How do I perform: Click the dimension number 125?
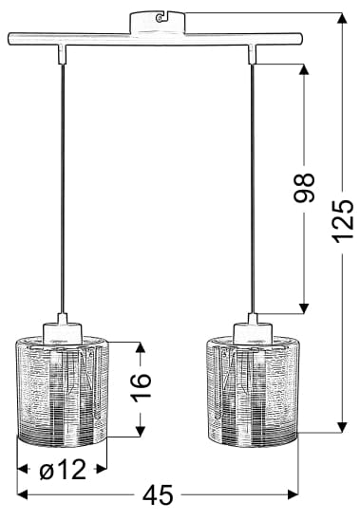(x=342, y=221)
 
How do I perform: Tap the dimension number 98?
(x=304, y=188)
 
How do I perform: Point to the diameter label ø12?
(x=63, y=470)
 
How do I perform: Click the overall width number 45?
(x=158, y=494)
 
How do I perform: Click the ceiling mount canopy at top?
(x=157, y=23)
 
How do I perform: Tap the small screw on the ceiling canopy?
(x=161, y=18)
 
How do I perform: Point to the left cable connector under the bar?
(x=63, y=54)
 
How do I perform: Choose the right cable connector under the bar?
(x=253, y=54)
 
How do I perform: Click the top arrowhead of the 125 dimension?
(x=342, y=18)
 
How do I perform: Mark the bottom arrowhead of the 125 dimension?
(x=342, y=427)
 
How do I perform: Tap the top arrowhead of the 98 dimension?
(x=304, y=69)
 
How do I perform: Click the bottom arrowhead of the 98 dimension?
(x=304, y=308)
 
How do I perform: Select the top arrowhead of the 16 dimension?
(x=141, y=347)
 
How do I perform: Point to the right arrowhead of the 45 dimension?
(x=293, y=494)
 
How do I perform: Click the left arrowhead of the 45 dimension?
(x=22, y=494)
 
